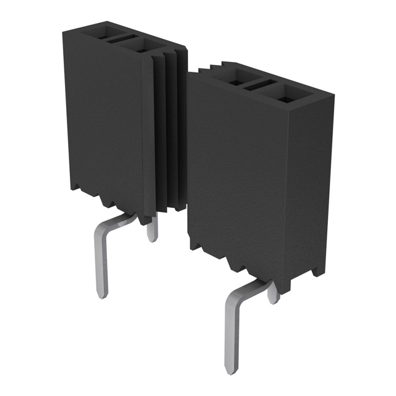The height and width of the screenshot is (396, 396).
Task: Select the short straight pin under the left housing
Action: point(152,231)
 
